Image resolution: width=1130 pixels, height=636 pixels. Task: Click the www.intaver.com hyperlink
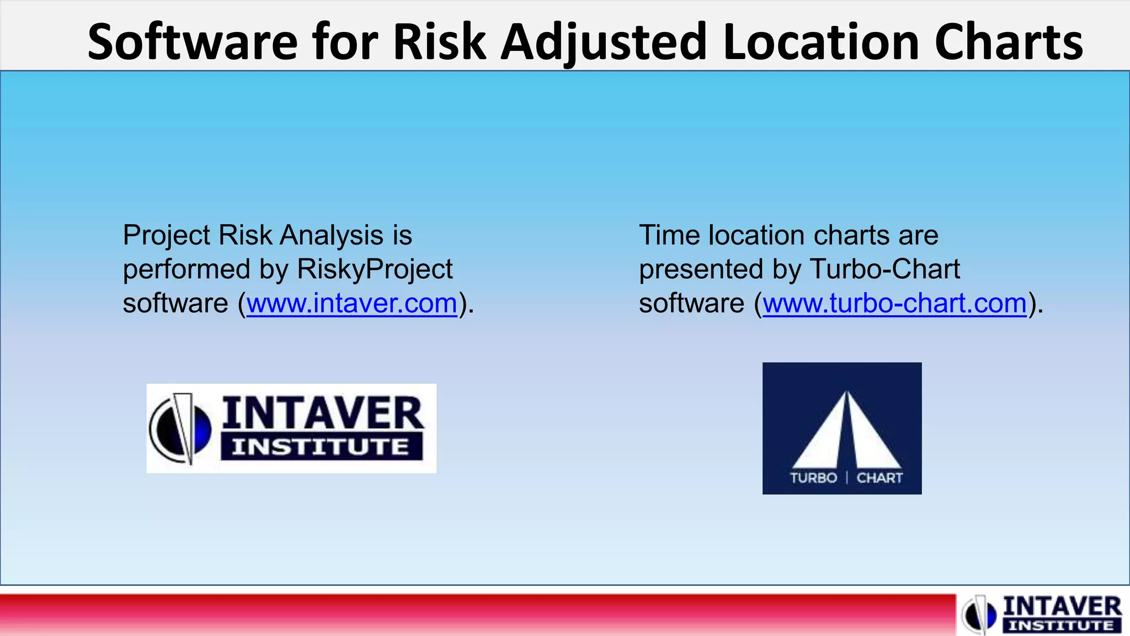[352, 304]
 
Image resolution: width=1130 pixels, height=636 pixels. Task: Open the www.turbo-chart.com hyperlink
[894, 304]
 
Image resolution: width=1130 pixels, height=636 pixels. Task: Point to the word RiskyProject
[375, 269]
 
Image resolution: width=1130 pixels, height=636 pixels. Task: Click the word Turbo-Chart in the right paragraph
[885, 269]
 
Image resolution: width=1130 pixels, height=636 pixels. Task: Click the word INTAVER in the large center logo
[322, 414]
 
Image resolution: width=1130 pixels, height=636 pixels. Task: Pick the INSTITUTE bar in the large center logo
[321, 447]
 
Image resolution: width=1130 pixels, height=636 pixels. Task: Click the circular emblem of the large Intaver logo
[180, 428]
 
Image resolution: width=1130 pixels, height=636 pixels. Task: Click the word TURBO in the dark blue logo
[813, 478]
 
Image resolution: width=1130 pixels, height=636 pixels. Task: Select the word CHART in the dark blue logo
[880, 478]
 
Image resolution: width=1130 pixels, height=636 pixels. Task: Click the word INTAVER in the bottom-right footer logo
[1062, 607]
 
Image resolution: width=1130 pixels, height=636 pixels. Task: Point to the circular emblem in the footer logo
[979, 614]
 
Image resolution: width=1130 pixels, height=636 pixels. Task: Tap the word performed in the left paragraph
[187, 269]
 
